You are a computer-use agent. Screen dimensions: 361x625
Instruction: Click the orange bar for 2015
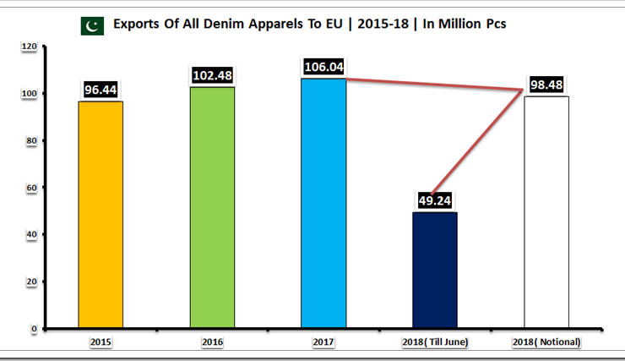[101, 214]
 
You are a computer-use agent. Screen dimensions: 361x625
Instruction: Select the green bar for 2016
[212, 207]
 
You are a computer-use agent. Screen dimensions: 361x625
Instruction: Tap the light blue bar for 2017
[323, 203]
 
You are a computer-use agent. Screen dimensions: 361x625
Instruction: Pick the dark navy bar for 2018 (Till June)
[435, 270]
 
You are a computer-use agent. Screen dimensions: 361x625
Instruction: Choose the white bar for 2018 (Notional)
[546, 212]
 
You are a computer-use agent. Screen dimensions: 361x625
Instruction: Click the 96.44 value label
[101, 89]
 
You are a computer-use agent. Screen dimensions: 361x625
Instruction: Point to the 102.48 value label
[212, 75]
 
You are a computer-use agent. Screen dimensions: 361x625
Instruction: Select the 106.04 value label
[323, 67]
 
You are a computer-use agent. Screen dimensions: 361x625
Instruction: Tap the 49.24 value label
[435, 200]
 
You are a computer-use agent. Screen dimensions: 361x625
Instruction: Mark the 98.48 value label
[546, 85]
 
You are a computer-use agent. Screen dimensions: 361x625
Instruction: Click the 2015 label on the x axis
[101, 342]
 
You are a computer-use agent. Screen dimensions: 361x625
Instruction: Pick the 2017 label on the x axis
[323, 342]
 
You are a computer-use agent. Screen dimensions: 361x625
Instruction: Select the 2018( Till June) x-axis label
[435, 342]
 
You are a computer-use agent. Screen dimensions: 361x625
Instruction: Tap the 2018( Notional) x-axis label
[546, 342]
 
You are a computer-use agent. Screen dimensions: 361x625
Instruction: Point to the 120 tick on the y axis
[28, 46]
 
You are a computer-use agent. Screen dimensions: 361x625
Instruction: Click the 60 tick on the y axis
[30, 188]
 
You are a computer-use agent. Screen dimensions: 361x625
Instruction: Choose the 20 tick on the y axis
[30, 282]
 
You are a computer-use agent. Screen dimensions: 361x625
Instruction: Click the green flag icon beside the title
[91, 25]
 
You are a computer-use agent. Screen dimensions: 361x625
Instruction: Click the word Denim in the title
[213, 25]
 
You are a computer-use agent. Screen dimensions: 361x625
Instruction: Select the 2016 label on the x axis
[212, 342]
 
